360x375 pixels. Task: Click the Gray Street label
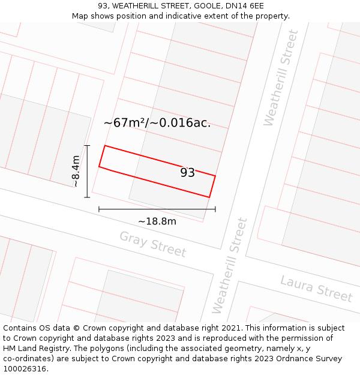click(x=152, y=244)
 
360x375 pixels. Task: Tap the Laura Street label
click(x=316, y=288)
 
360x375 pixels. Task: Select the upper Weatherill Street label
click(x=280, y=78)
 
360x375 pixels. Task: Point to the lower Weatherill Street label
click(x=230, y=265)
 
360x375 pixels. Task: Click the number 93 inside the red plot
click(x=187, y=173)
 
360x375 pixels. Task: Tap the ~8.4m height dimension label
click(x=76, y=171)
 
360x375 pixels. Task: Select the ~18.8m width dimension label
click(x=157, y=221)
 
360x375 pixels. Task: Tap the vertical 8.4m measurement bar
click(x=88, y=171)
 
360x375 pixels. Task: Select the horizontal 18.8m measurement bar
click(x=157, y=209)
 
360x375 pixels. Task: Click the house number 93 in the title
click(x=103, y=6)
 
